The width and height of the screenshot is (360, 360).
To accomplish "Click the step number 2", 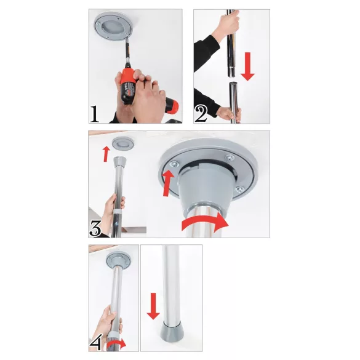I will click(x=201, y=114).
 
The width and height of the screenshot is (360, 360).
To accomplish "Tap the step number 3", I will click(x=95, y=228).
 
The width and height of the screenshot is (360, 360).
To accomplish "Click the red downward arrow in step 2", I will click(x=247, y=66).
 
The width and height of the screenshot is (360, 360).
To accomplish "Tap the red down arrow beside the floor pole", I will click(x=152, y=306).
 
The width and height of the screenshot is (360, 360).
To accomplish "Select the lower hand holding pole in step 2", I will click(x=228, y=113).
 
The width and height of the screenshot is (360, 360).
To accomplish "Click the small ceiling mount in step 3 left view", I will click(x=121, y=143).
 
